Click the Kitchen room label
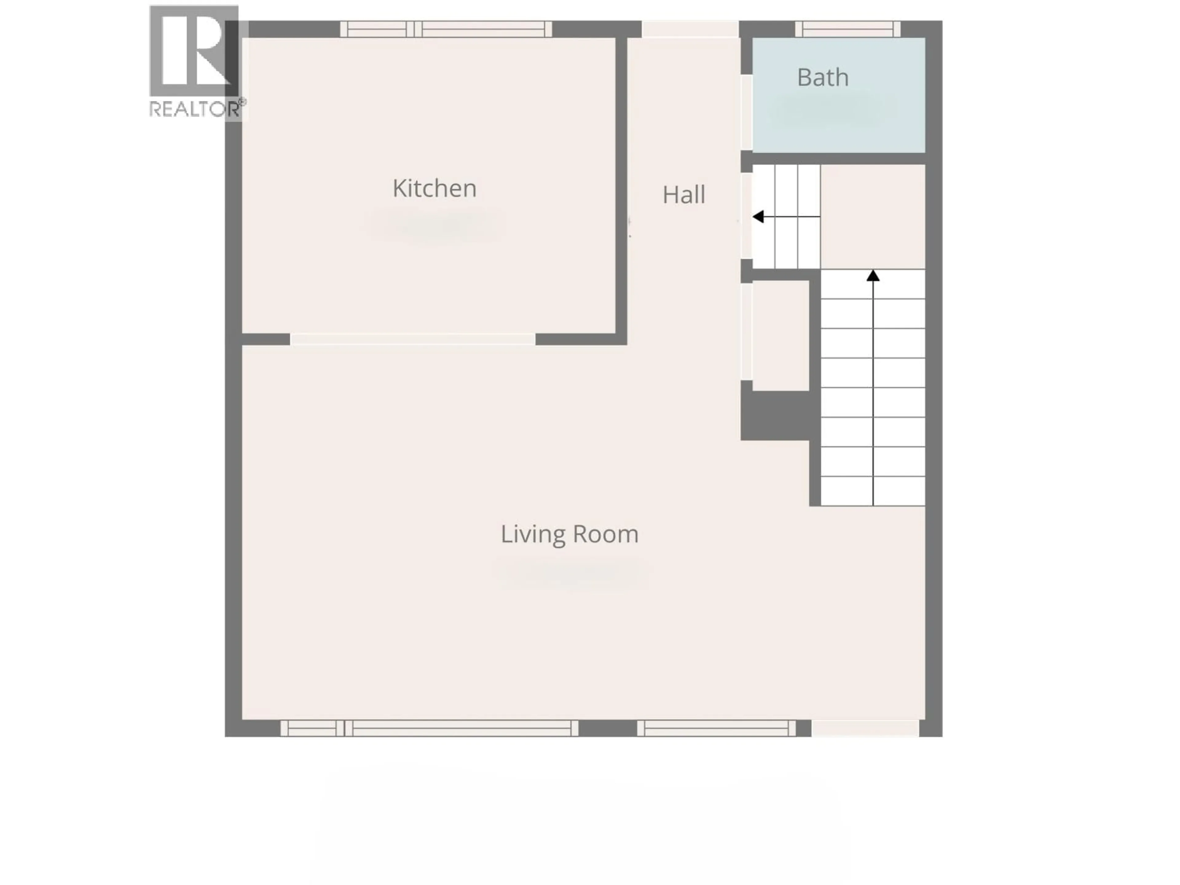[x=434, y=188]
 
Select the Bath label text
[x=823, y=78]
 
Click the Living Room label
[x=569, y=534]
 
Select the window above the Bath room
[x=848, y=29]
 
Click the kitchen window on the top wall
[x=446, y=29]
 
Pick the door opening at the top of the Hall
[x=690, y=29]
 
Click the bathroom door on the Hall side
[x=746, y=112]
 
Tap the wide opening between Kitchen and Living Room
[x=412, y=339]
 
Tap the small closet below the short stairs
[x=781, y=335]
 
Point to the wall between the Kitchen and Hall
[x=621, y=187]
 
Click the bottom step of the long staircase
[x=873, y=491]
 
